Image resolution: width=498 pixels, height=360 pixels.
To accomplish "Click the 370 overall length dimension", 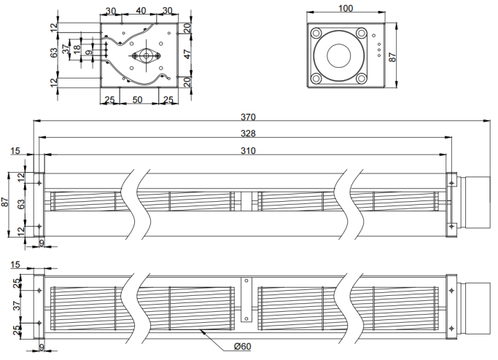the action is coord(248,117).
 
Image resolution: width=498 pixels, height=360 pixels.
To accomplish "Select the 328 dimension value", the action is coord(248,133).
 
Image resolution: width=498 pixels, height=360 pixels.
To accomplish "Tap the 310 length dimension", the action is coord(248,150).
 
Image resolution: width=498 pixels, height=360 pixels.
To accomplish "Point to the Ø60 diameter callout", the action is coord(242,346).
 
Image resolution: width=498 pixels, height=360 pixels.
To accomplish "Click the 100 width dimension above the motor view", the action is coord(346,8).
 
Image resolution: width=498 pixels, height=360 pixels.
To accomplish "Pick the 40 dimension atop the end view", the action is coord(141,11).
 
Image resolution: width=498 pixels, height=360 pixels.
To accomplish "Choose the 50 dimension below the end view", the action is coord(137,100).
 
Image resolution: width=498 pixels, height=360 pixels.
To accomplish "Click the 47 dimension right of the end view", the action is coord(187,54).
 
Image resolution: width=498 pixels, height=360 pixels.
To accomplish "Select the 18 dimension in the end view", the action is coord(77,50).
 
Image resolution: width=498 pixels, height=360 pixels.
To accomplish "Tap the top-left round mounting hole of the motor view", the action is coord(316,33).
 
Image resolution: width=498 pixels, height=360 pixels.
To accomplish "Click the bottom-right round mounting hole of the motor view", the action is coord(362,78).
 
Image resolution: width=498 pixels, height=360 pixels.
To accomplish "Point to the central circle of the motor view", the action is coord(339,56).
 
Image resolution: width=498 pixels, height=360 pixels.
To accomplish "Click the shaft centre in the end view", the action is coord(146,56).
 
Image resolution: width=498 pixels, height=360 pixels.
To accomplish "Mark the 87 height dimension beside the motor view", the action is coord(392,57).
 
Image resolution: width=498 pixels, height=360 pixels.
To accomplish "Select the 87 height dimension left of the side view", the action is coord(5,202).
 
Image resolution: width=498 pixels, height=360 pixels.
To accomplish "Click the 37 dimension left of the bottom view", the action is coord(17,305).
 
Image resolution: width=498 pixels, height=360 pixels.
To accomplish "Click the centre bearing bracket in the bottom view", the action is coord(246,300).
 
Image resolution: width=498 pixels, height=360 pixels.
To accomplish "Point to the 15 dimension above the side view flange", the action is coord(15,150).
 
